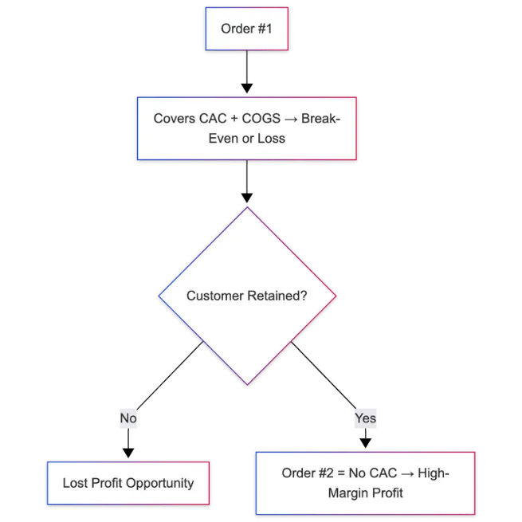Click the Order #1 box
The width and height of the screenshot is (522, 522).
coord(246,29)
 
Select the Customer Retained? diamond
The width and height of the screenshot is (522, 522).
coord(247,296)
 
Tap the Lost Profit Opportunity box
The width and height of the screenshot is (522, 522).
coord(128,483)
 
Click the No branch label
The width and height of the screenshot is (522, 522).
coord(128,418)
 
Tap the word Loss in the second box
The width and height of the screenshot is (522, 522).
coord(271,138)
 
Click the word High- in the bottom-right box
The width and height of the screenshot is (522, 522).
coord(432,473)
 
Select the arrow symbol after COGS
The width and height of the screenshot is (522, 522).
coord(291,118)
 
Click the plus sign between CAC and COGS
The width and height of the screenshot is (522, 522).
coord(235,118)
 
